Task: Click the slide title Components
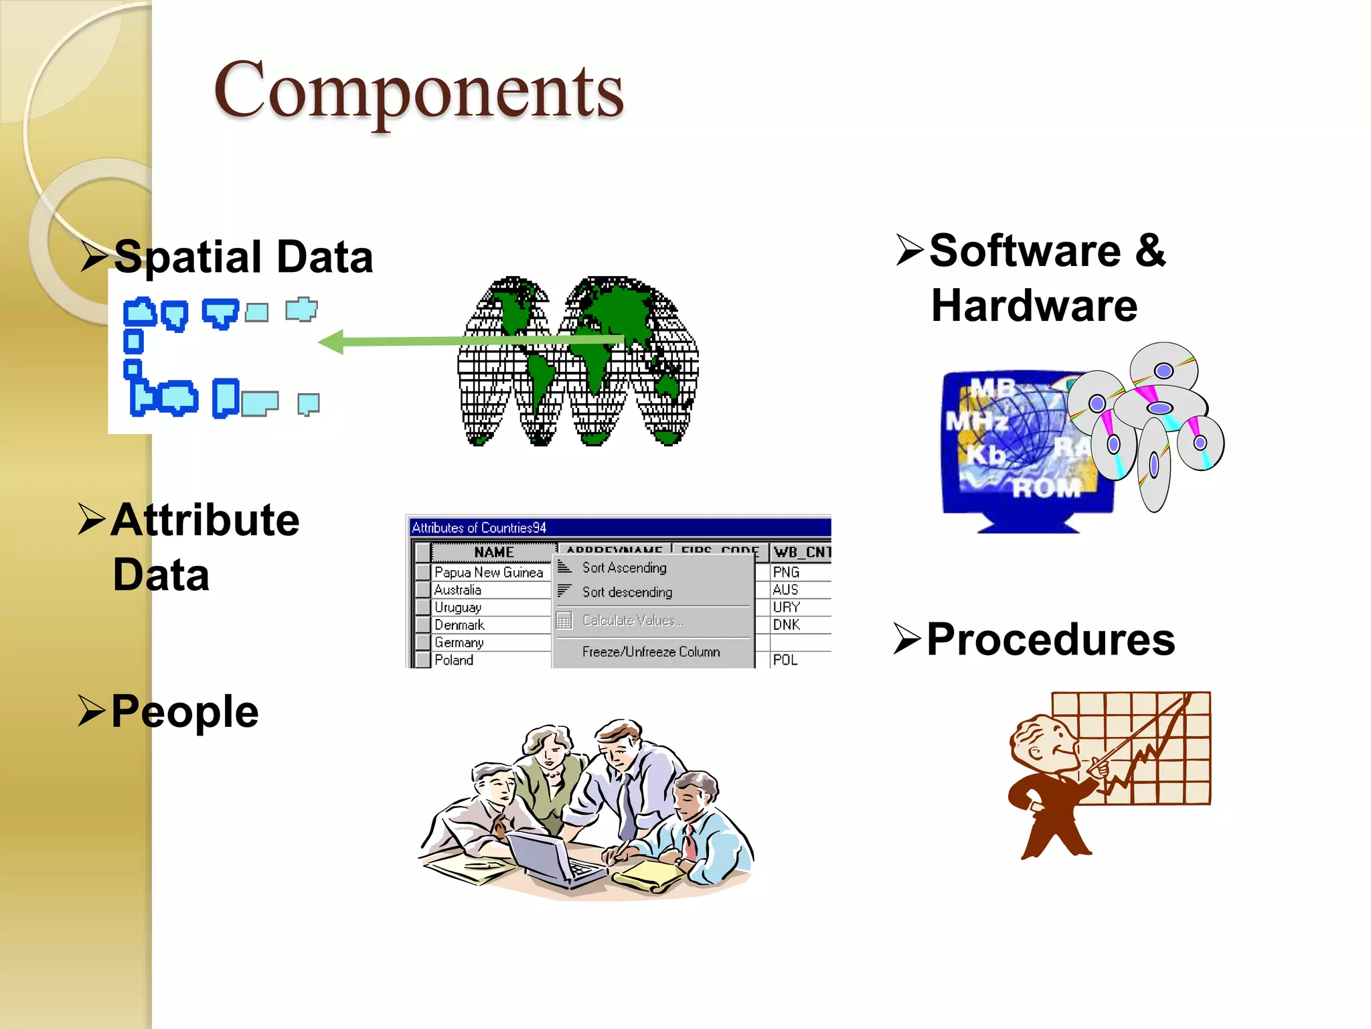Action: (x=418, y=90)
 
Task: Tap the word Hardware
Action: (x=1034, y=306)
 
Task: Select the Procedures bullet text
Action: (x=1050, y=640)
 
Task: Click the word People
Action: (x=185, y=711)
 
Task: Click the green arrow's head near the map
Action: (x=331, y=342)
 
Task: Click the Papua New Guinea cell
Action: (x=488, y=573)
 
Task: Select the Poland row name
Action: (x=454, y=661)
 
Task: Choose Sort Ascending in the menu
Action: (x=624, y=568)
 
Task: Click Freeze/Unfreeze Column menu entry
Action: (x=651, y=652)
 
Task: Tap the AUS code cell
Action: (x=785, y=590)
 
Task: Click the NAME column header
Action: (x=493, y=553)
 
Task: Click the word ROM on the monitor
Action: (x=1046, y=488)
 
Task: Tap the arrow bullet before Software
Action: (x=910, y=251)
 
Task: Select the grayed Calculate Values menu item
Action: (x=633, y=621)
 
